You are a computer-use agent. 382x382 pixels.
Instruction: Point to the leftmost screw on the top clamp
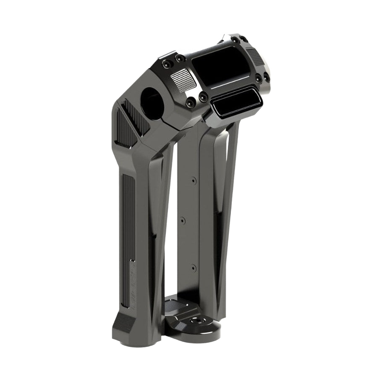(167, 64)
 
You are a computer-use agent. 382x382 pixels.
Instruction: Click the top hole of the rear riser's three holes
(193, 181)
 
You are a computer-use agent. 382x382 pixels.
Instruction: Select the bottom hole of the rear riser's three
(194, 267)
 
